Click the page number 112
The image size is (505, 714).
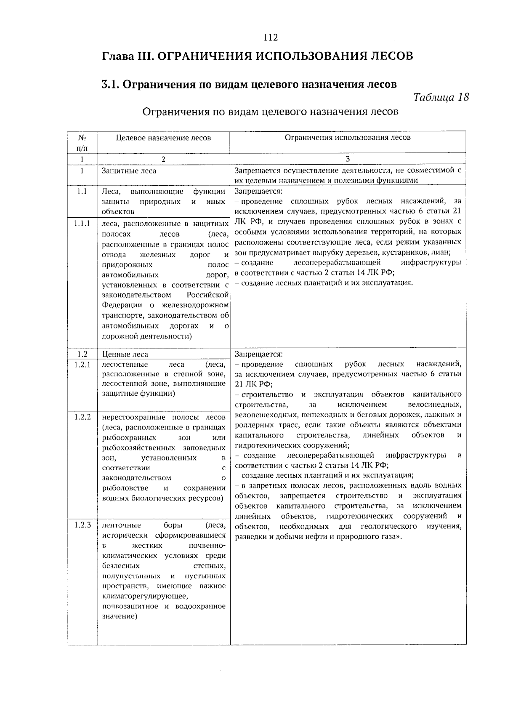[x=271, y=38]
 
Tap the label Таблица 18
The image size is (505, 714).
[x=441, y=97]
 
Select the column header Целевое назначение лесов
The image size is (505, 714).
[x=163, y=138]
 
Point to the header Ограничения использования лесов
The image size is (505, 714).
[x=348, y=137]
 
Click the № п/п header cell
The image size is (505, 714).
[x=82, y=143]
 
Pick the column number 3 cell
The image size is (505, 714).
[x=348, y=159]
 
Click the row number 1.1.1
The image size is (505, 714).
[x=82, y=224]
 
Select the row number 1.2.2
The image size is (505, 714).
[x=82, y=417]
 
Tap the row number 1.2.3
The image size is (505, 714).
[x=82, y=525]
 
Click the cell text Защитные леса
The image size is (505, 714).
[x=129, y=171]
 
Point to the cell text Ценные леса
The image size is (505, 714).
[x=125, y=354]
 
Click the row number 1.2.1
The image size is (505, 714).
[x=82, y=365]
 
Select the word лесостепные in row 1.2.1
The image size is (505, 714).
[x=125, y=365]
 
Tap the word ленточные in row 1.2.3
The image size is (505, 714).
[x=122, y=525]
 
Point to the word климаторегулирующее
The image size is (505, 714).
[x=145, y=596]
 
